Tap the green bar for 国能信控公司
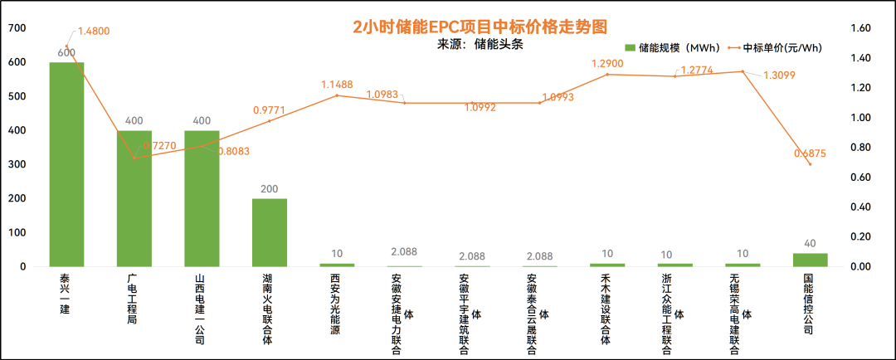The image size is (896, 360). coord(811,260)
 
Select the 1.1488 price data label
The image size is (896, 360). coord(338,85)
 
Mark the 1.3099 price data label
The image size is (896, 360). coord(779,75)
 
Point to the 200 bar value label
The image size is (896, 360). coord(270,189)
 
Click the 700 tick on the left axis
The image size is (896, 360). coord(17,28)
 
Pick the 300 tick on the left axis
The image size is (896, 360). coord(17,165)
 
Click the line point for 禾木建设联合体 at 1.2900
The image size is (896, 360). coord(607,75)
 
